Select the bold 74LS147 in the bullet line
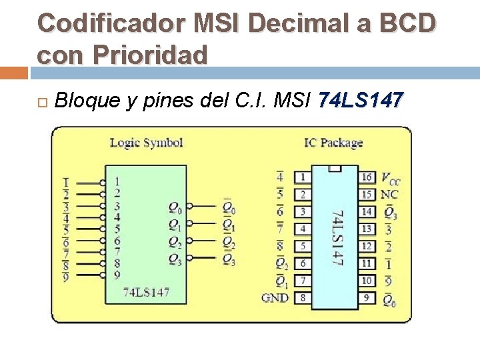(361, 101)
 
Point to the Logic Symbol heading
(146, 142)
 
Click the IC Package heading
(333, 142)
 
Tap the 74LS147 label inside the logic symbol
(146, 292)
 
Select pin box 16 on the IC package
(367, 177)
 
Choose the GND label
(275, 297)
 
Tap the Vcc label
(391, 178)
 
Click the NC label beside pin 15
(389, 195)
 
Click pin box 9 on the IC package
(367, 297)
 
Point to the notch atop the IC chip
(335, 169)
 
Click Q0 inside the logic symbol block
(175, 207)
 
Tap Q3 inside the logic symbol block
(175, 258)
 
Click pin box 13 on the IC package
(367, 229)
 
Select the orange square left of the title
(13, 72)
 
